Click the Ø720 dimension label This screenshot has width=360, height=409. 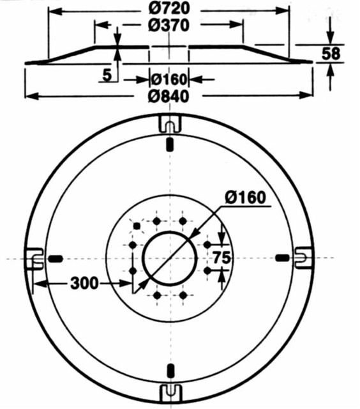pyautogui.click(x=169, y=10)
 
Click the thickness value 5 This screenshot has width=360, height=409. pyautogui.click(x=107, y=75)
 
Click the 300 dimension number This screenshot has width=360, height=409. pyautogui.click(x=84, y=282)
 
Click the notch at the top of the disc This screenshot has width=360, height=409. pyautogui.click(x=169, y=121)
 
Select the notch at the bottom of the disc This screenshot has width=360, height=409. pyautogui.click(x=170, y=392)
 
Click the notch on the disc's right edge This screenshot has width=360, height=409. pyautogui.click(x=303, y=256)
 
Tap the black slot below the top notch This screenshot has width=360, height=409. pyautogui.click(x=169, y=145)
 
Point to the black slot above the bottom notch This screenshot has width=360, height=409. pyautogui.click(x=170, y=369)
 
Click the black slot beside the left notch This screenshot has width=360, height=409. pyautogui.click(x=57, y=258)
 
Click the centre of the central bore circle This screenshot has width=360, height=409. pyautogui.click(x=170, y=258)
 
